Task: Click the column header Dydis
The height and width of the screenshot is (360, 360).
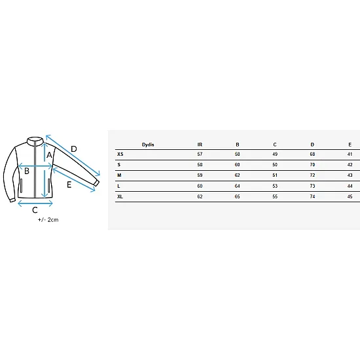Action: pos(148,145)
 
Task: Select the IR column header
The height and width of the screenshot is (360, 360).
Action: pos(200,145)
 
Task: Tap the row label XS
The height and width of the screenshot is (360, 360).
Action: pos(120,154)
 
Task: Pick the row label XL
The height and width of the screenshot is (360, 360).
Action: pos(120,196)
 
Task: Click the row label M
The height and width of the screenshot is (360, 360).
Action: pos(119,175)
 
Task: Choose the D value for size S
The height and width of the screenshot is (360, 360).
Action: pos(312,164)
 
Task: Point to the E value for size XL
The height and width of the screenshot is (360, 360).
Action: pos(350,196)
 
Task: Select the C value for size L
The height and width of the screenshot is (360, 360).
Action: pos(275,186)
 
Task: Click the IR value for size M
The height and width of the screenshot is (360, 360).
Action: pos(200,175)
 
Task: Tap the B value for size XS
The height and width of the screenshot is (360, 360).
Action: pos(237,154)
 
